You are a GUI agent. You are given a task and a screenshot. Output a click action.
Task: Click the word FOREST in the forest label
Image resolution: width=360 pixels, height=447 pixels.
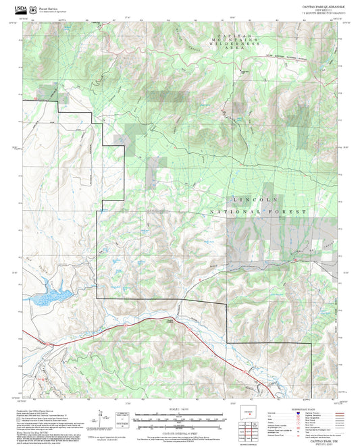coord(291,212)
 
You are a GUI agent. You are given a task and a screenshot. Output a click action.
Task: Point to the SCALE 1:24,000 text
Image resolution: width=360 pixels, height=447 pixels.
coord(180,409)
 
